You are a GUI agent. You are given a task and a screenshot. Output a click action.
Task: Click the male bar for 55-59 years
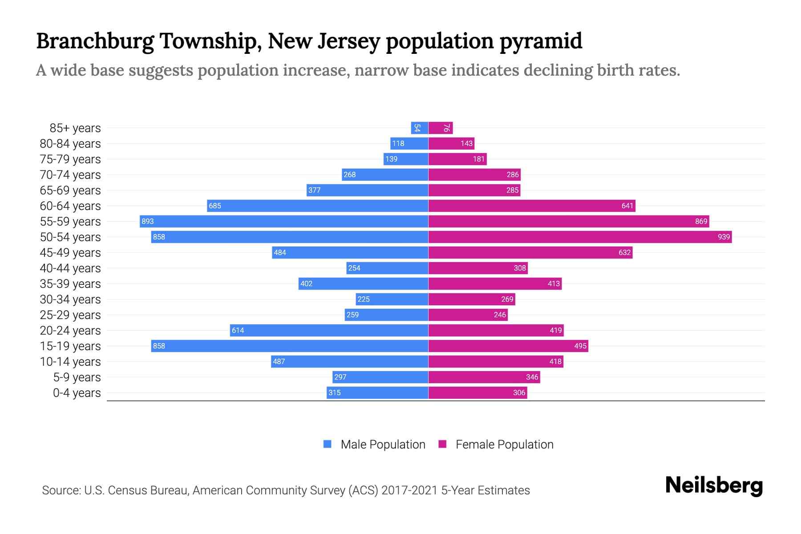pos(284,221)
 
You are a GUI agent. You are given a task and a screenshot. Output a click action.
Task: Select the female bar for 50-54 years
pos(580,237)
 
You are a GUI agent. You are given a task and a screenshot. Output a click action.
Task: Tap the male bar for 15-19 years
pos(289,346)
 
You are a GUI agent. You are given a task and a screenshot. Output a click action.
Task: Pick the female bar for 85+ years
pos(441,128)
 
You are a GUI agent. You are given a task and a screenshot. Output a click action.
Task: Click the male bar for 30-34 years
pos(392,299)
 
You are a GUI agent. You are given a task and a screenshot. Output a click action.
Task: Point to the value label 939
pos(724,237)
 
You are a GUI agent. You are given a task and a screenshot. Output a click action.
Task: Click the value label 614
pos(238,330)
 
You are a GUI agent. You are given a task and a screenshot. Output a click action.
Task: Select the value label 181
pos(479,159)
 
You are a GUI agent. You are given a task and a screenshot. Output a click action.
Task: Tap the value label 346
pos(532,377)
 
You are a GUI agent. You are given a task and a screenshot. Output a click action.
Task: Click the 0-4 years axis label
pos(77,393)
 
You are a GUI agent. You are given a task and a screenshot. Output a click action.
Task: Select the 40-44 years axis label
pos(70,268)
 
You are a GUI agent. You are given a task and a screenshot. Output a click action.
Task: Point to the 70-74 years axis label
pos(70,175)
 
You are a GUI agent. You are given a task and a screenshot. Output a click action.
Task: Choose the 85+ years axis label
pos(75,128)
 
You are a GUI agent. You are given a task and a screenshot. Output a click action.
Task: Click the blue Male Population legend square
pos(328,444)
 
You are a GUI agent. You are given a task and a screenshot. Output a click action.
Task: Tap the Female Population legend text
pos(504,444)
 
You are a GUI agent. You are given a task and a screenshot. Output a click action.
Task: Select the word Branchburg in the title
pos(95,41)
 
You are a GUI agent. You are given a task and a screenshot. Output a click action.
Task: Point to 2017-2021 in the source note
pos(409,490)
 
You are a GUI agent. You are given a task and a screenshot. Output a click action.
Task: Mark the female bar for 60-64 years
pos(532,206)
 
